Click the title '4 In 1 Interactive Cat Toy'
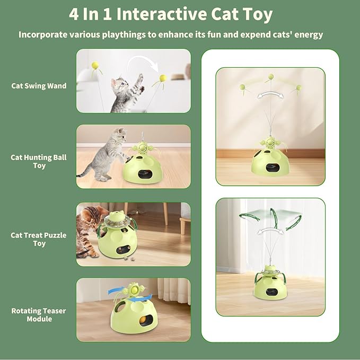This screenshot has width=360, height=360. [171, 14]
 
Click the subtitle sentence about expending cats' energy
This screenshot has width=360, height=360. [171, 35]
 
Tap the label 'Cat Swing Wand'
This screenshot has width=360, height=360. [39, 85]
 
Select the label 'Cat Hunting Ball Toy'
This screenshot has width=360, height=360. [39, 161]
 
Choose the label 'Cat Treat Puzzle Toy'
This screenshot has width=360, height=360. [39, 239]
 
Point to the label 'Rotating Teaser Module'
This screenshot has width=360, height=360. [39, 314]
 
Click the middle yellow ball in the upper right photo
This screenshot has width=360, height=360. [271, 77]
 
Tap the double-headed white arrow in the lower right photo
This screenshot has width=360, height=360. [270, 232]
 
